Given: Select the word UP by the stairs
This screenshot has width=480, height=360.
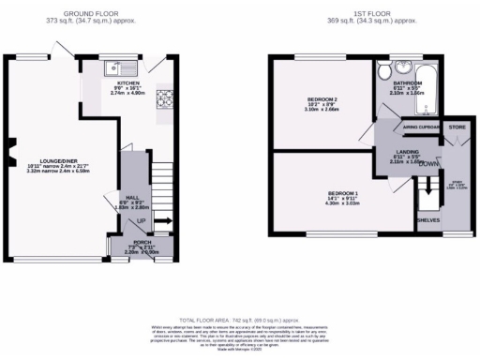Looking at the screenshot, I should [x=142, y=220].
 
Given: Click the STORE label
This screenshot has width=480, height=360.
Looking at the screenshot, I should [x=456, y=126].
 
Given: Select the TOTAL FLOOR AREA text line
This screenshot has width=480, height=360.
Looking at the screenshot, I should [x=239, y=319].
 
